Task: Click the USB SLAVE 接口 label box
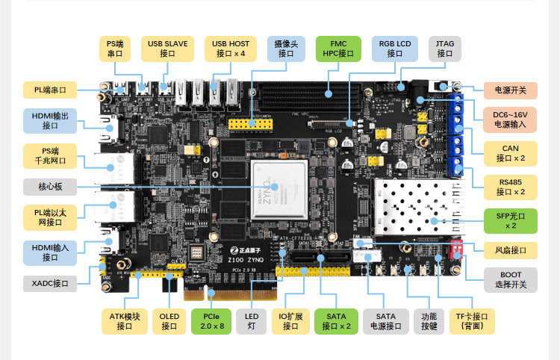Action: point(167,49)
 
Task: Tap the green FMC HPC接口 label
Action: point(338,49)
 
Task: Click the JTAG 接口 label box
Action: point(445,49)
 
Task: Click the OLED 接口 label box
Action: point(169,320)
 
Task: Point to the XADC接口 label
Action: point(50,284)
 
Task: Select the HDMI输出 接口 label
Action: point(50,121)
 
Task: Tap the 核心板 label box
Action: point(50,186)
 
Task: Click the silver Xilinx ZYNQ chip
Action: point(279,190)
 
